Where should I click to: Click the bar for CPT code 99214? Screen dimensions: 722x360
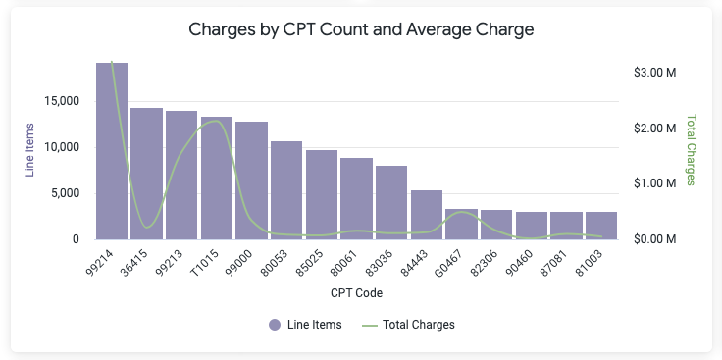[112, 151]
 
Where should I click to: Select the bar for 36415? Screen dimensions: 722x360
[147, 174]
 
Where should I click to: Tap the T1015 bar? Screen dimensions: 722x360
[217, 179]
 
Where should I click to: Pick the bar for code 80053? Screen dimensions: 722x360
[286, 190]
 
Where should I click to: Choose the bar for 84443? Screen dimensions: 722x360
[427, 215]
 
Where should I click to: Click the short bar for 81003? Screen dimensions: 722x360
[601, 226]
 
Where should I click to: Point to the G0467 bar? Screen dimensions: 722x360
[461, 225]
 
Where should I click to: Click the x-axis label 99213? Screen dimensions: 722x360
[169, 263]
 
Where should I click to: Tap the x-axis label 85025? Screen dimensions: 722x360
[309, 263]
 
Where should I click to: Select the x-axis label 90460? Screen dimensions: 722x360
[519, 263]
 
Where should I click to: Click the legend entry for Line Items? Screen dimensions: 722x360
[305, 325]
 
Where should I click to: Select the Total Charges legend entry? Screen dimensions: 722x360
[408, 325]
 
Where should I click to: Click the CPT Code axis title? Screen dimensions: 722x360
[356, 292]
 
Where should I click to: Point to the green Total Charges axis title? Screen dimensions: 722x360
[691, 150]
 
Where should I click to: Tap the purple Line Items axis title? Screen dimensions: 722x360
[30, 150]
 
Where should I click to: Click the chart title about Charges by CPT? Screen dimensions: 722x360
[361, 29]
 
